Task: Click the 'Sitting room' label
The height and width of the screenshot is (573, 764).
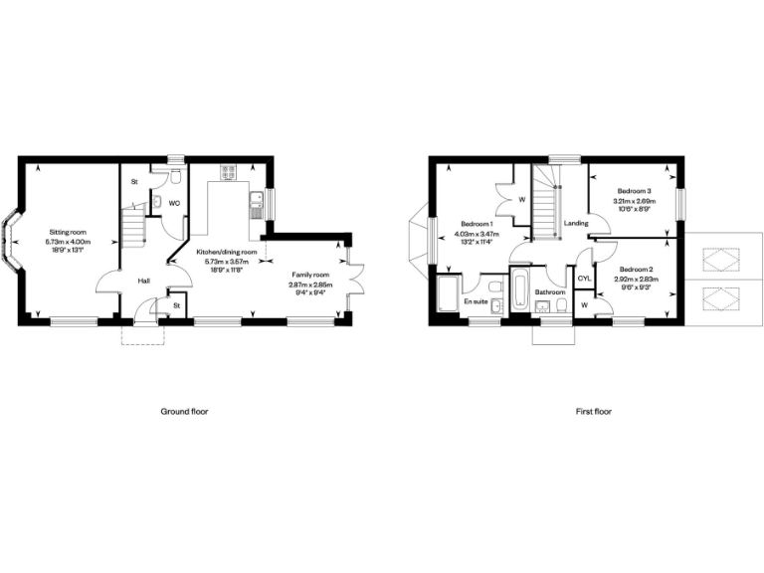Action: [x=71, y=232]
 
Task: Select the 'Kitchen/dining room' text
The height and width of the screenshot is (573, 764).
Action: [x=227, y=253]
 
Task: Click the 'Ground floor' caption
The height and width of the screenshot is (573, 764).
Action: [x=184, y=411]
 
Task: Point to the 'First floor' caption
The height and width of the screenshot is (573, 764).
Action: [x=593, y=411]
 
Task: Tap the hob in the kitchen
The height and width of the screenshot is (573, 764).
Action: [x=226, y=175]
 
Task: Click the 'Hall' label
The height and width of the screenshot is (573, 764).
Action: [x=144, y=281]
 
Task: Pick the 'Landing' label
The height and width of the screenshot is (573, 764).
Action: [x=575, y=224]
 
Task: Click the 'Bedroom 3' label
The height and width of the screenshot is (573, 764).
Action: [x=634, y=191]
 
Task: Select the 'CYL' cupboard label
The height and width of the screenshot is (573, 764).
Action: [x=584, y=279]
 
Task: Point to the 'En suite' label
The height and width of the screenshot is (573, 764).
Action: [x=475, y=300]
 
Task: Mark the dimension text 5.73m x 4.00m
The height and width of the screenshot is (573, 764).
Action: [x=71, y=242]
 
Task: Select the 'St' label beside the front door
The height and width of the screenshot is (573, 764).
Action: [x=176, y=305]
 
